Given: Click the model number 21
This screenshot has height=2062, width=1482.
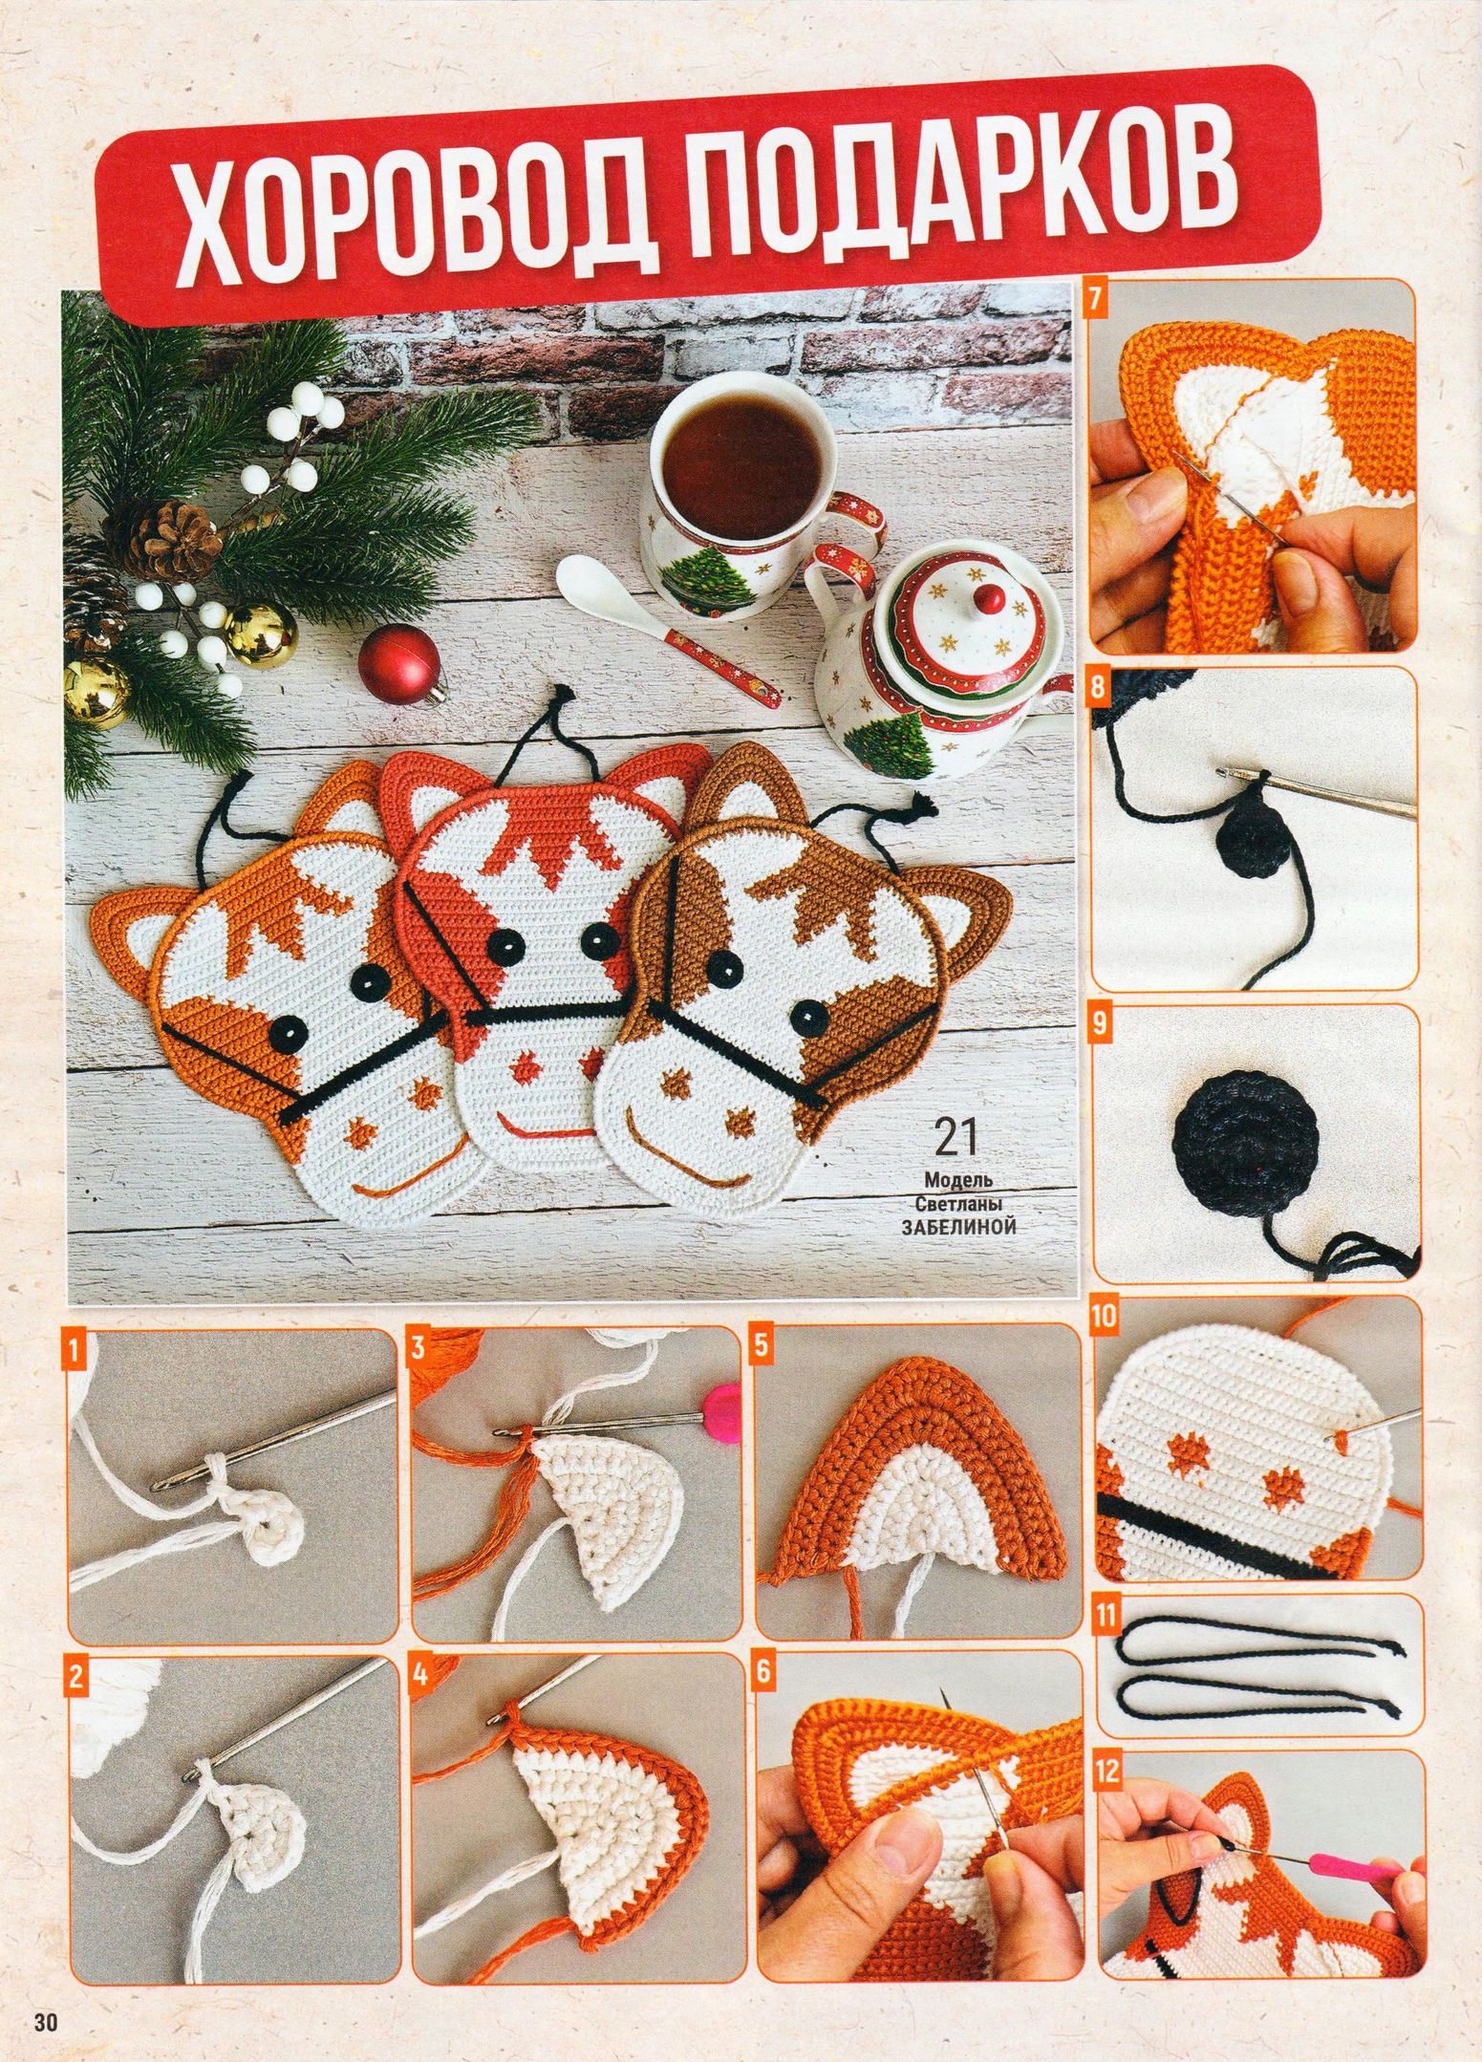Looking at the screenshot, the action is click(956, 1138).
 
